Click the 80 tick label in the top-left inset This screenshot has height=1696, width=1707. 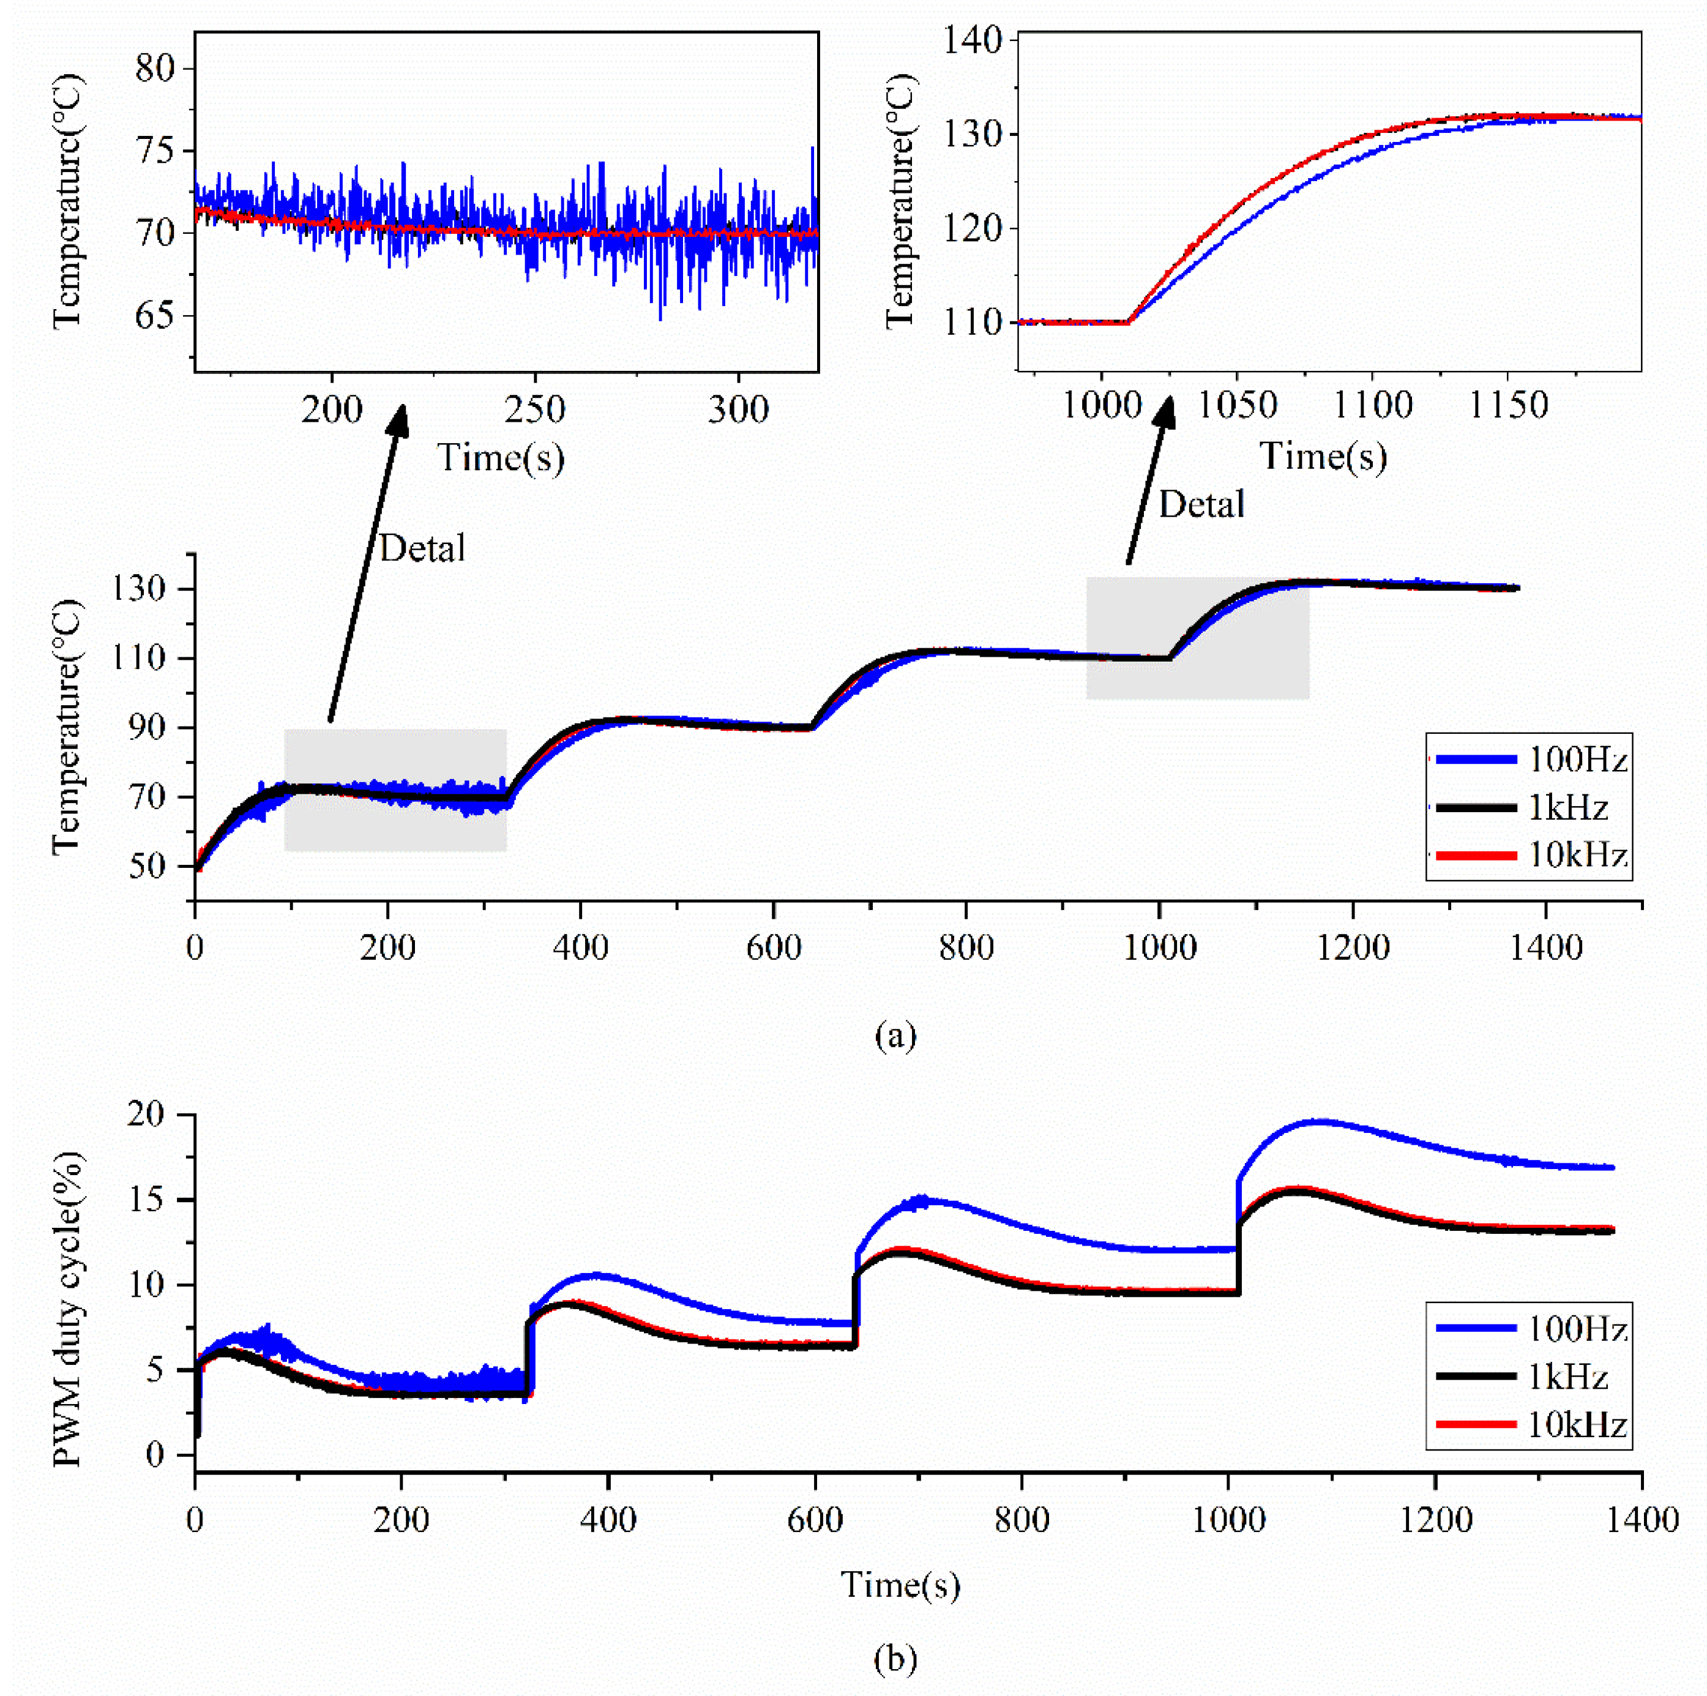click(155, 69)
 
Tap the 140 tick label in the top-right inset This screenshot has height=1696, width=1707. click(972, 40)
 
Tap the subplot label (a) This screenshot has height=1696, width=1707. click(895, 1035)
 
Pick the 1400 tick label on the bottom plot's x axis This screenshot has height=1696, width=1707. click(1641, 1519)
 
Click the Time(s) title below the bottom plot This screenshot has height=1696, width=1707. click(900, 1584)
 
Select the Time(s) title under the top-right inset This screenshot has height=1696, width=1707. click(1322, 457)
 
